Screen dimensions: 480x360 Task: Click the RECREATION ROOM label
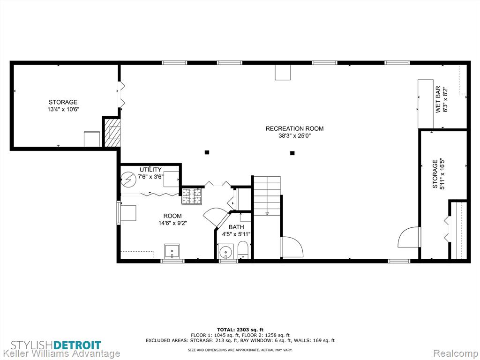tap(294, 128)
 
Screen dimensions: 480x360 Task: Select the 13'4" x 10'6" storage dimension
tap(63, 109)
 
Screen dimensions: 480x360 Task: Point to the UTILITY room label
tap(150, 170)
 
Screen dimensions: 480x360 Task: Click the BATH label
tap(236, 227)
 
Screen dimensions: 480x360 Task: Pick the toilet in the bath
tap(243, 249)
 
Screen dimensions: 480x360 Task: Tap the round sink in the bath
tap(226, 251)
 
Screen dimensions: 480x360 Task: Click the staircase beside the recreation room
tap(267, 195)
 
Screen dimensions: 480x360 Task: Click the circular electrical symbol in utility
tap(128, 179)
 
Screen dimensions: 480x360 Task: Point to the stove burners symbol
tap(192, 196)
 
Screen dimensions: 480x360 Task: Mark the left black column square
tap(207, 152)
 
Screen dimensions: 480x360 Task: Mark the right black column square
tap(292, 153)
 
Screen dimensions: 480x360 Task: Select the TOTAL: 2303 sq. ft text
tap(240, 330)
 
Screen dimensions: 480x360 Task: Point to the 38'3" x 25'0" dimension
tap(294, 136)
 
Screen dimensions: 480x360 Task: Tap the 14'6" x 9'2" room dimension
tap(172, 223)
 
